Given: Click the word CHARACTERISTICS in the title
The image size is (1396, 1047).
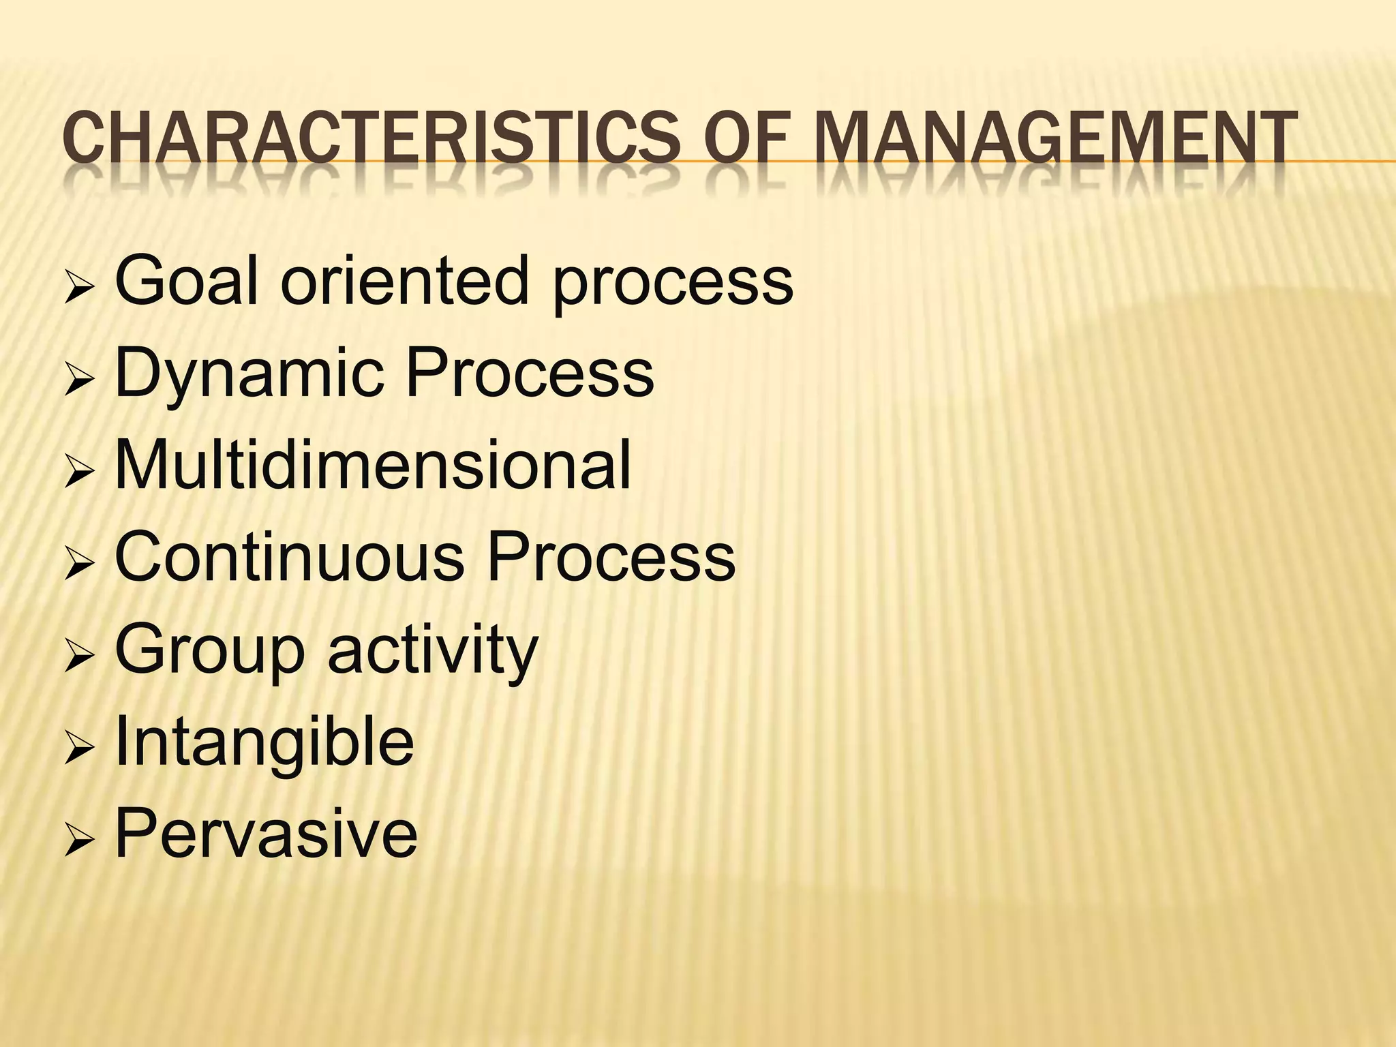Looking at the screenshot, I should point(371,142).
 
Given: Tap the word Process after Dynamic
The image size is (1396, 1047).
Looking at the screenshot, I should point(530,373).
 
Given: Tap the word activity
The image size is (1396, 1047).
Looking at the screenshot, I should point(433,651).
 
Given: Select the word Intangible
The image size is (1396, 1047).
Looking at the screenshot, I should point(264,745).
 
